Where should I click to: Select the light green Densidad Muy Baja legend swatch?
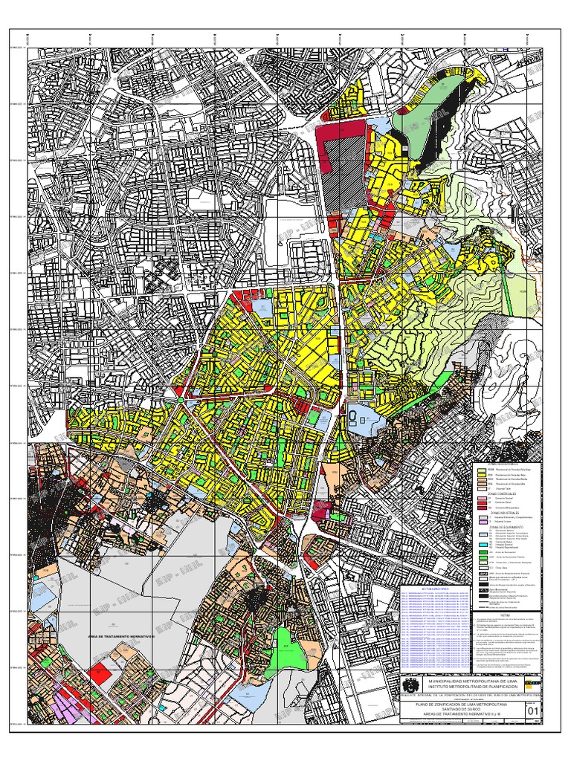click(x=482, y=470)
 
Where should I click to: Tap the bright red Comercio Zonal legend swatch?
click(x=482, y=503)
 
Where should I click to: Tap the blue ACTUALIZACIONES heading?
click(x=436, y=587)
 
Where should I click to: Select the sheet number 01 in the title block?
click(x=533, y=711)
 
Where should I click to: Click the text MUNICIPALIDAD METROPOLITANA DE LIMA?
click(x=462, y=681)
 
